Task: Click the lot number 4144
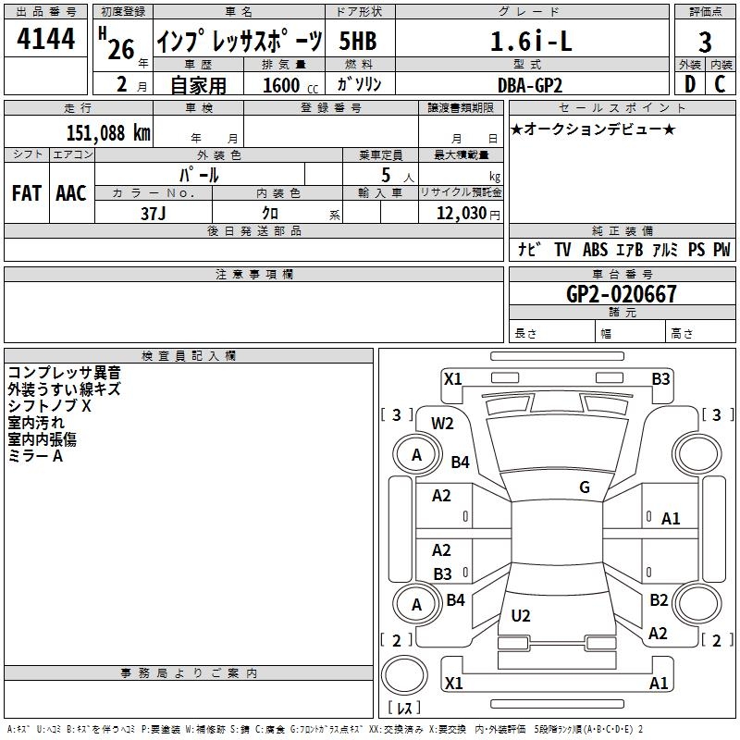click(45, 39)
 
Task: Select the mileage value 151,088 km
click(108, 133)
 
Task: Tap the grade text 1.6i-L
click(531, 41)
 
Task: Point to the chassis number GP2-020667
click(621, 294)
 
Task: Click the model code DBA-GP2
click(530, 85)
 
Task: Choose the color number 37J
click(154, 214)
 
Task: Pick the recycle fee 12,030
click(462, 214)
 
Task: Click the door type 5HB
click(358, 41)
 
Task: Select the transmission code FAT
click(27, 193)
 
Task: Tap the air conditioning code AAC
click(71, 193)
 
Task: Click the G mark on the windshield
click(585, 487)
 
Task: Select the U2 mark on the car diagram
click(521, 615)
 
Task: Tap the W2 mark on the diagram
click(442, 424)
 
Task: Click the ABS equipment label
click(595, 249)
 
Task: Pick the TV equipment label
click(562, 249)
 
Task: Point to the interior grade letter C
click(720, 84)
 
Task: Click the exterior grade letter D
click(689, 84)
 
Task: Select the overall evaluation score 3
click(705, 42)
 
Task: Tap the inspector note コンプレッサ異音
click(64, 373)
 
